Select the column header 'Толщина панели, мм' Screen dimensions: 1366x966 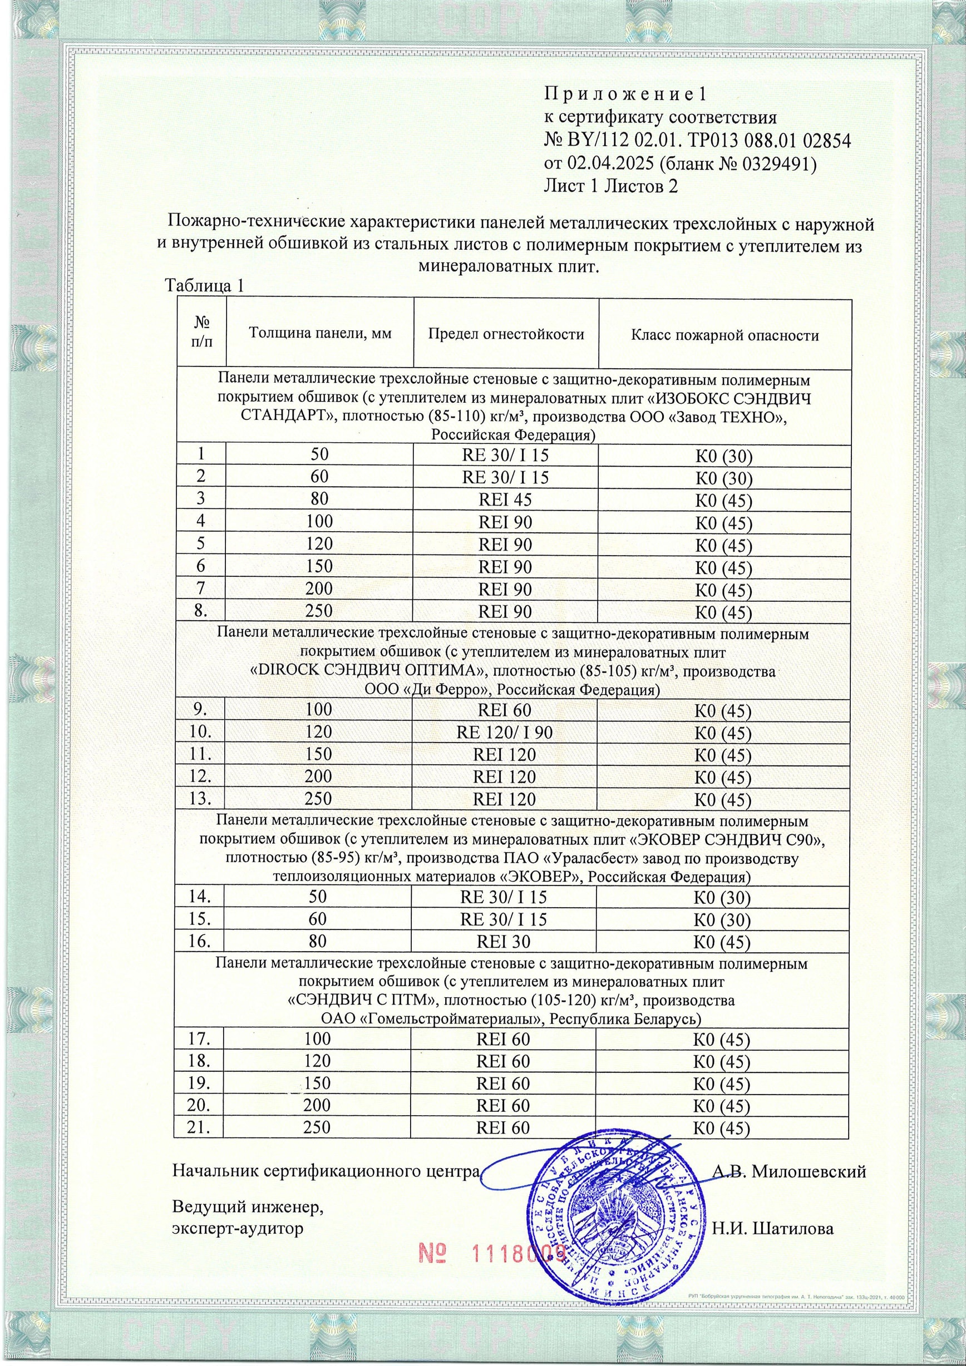(319, 333)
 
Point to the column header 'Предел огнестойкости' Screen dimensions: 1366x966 (506, 334)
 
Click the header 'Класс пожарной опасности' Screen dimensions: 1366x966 (724, 335)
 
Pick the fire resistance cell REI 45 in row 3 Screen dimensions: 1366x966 (505, 500)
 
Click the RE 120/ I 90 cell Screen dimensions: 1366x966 (504, 733)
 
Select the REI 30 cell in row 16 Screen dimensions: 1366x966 (504, 942)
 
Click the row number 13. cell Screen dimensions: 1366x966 (200, 799)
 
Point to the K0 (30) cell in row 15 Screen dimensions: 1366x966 (723, 920)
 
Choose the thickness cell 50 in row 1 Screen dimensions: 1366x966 (319, 454)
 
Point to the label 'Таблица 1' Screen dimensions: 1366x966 (204, 285)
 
